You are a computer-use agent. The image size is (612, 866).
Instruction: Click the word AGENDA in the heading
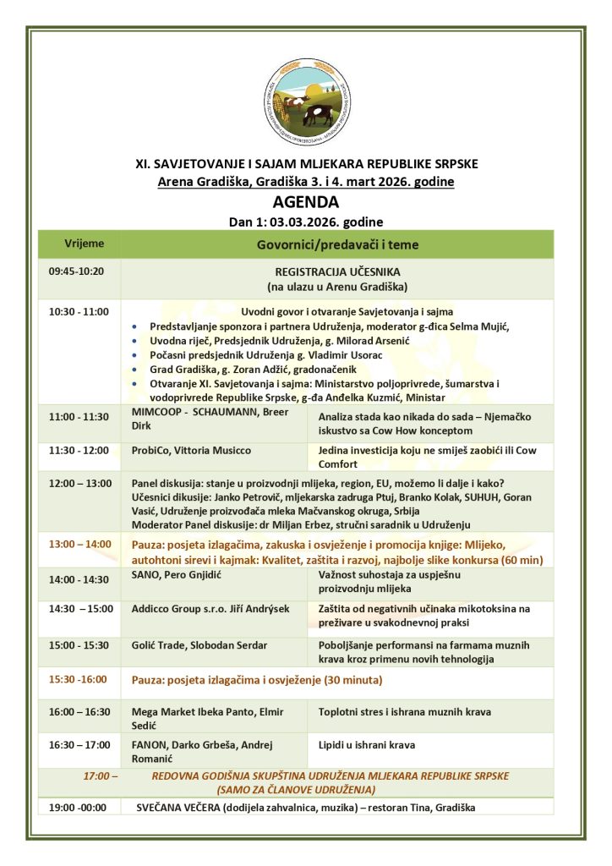pos(305,203)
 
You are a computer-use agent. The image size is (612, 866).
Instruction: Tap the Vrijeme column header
pos(85,244)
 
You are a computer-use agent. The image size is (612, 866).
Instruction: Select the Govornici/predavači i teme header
pos(337,244)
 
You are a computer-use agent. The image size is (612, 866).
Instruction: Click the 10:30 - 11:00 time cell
pos(79,312)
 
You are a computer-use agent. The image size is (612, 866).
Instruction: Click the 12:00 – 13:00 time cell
pos(79,483)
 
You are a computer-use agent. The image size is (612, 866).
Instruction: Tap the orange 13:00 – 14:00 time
pos(79,544)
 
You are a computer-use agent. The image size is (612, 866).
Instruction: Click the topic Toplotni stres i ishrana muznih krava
pos(404,712)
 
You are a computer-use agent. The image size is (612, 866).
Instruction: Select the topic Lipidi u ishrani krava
pos(367,745)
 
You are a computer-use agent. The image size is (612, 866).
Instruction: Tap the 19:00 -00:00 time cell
pos(78,808)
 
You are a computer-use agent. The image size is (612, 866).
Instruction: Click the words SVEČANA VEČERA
pos(172,808)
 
